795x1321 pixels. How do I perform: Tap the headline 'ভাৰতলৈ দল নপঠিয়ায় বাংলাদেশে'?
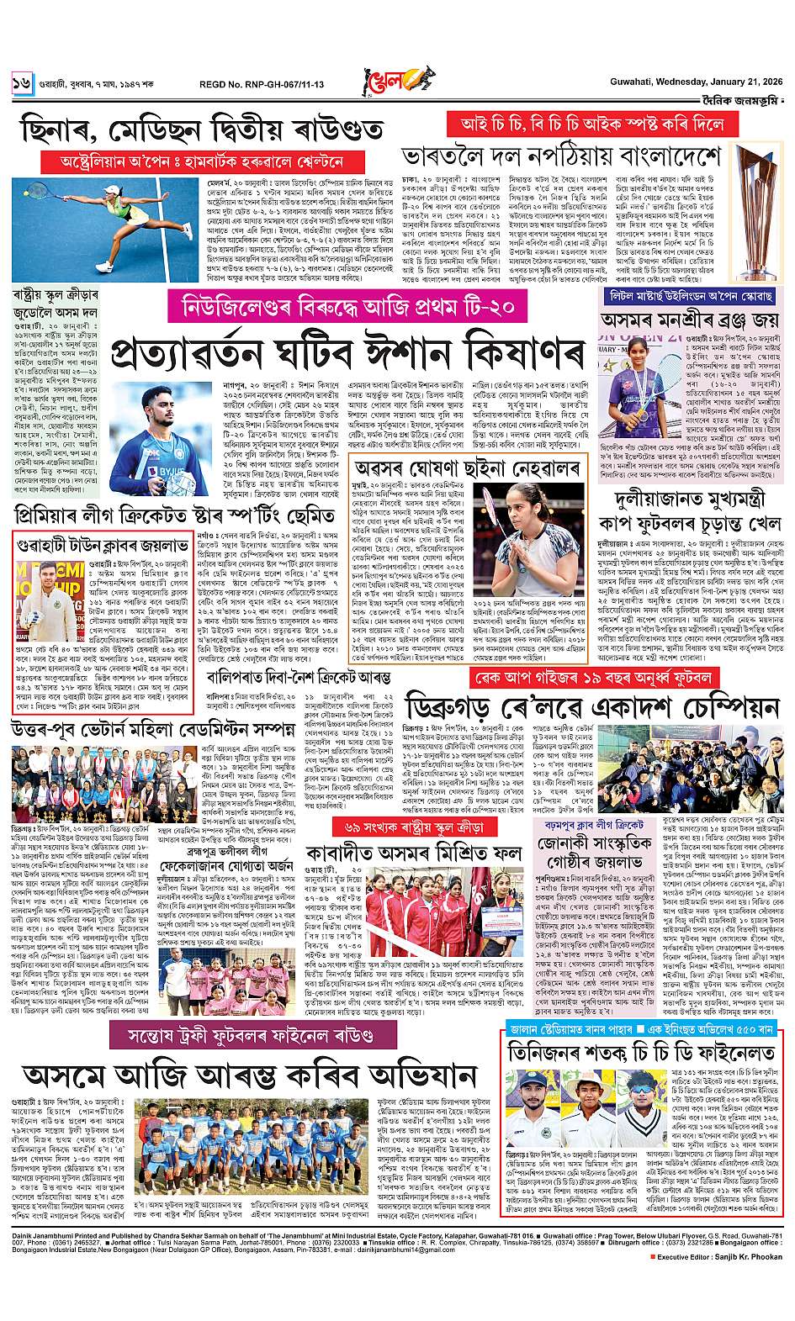(x=561, y=157)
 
